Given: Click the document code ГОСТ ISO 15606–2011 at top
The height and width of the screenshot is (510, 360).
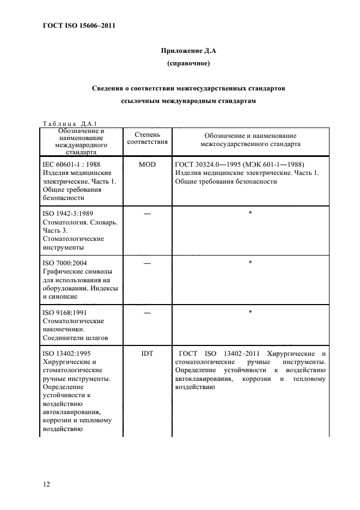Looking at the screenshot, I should (x=78, y=26).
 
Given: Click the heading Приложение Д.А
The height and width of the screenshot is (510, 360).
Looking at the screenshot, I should (x=188, y=51).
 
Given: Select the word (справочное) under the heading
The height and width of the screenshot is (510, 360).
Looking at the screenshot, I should (x=188, y=64).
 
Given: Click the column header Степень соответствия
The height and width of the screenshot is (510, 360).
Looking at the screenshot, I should (x=147, y=138).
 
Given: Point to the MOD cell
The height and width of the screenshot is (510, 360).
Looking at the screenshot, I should (x=147, y=164).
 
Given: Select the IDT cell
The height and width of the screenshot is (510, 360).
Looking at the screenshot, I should (x=147, y=353).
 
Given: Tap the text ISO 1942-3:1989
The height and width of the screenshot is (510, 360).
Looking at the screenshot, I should (x=69, y=213).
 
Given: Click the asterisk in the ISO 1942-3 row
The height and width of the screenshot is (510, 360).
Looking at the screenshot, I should (x=250, y=212).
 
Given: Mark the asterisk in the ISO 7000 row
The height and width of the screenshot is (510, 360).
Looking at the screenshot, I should (x=250, y=262).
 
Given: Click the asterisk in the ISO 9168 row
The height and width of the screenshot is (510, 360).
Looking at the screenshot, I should (x=250, y=312).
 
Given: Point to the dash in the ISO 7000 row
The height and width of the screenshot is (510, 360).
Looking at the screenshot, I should (x=147, y=263).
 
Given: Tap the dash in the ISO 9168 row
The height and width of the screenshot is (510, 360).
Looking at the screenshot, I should (x=147, y=312).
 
